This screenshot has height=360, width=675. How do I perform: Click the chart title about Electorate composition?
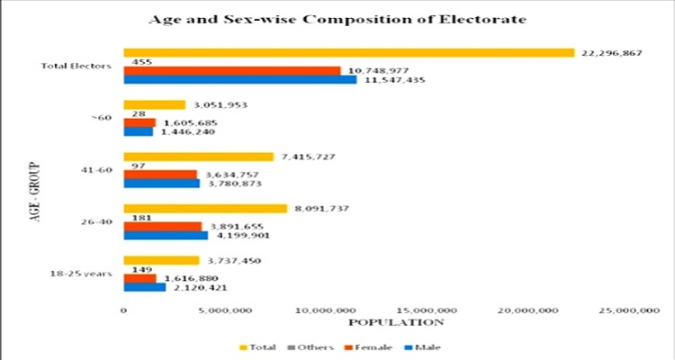(337, 18)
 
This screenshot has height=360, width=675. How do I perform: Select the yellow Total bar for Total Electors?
(348, 52)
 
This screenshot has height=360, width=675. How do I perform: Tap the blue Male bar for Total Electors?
(239, 80)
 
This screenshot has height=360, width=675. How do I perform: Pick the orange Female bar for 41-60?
(159, 175)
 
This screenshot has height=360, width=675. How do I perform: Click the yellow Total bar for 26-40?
(205, 209)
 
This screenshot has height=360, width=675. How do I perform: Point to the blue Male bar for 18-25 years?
(144, 288)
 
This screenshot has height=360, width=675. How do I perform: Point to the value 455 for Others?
(141, 61)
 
